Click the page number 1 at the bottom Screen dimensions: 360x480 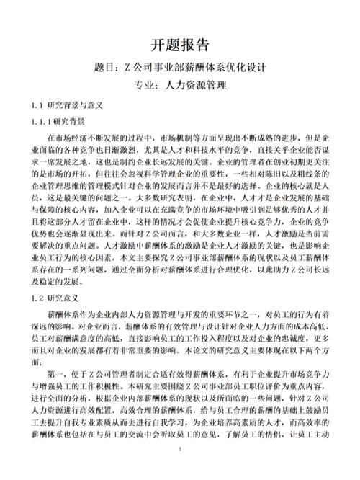(x=180, y=470)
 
